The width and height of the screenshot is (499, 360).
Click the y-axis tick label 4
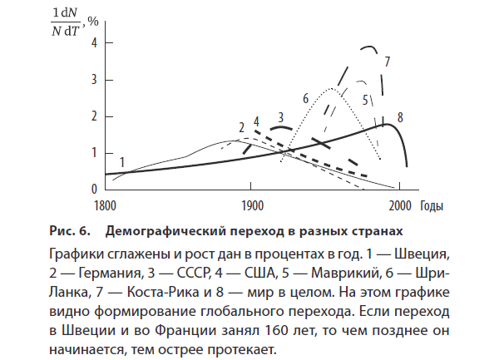pos(95,42)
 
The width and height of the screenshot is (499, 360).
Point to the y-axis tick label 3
pos(95,79)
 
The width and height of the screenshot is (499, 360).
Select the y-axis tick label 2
pos(95,116)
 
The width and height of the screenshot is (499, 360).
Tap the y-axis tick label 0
pos(95,189)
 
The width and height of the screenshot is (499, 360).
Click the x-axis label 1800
pos(105,205)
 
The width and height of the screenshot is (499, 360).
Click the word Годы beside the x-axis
pos(431,205)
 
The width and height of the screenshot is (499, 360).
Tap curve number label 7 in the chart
pos(388,61)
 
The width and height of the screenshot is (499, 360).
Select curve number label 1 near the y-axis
pos(122,161)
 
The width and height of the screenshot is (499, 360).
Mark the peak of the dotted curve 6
pos(332,87)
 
